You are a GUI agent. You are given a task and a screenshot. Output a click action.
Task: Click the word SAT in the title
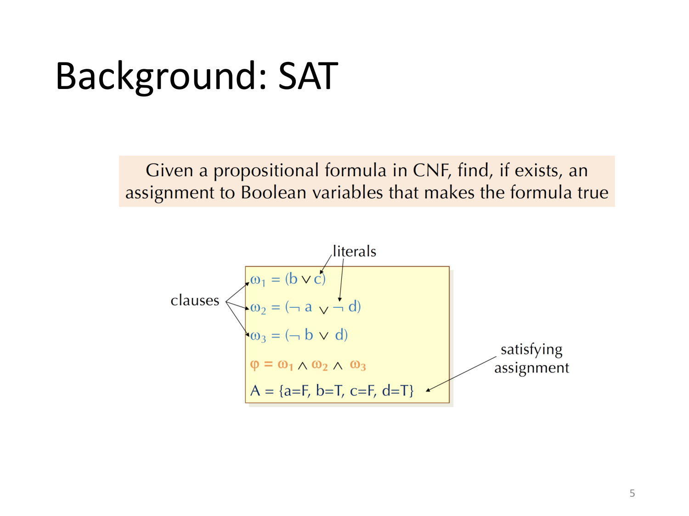point(308,76)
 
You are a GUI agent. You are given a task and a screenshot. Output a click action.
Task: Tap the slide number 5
point(632,493)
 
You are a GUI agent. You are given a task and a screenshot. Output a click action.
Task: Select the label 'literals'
point(354,251)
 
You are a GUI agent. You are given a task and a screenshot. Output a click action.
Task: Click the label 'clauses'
point(195,300)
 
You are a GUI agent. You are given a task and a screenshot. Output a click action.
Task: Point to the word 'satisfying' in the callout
point(531,350)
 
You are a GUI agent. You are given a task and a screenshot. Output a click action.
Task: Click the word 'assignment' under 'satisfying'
point(531,368)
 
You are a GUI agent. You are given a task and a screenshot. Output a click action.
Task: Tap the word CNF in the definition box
point(430,171)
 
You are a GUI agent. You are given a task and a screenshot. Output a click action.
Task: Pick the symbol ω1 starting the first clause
point(258,280)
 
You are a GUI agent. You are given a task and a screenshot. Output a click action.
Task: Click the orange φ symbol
point(254,365)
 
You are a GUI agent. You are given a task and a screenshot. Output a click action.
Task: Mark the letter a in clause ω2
point(308,307)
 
